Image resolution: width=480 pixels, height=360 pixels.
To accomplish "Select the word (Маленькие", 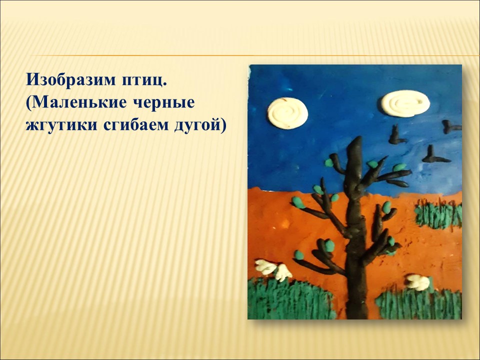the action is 76,103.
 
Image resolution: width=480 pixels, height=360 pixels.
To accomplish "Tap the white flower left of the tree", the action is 273,269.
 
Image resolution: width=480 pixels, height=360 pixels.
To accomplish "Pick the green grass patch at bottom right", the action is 419,304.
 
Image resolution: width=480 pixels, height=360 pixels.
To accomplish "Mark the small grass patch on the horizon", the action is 438,214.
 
